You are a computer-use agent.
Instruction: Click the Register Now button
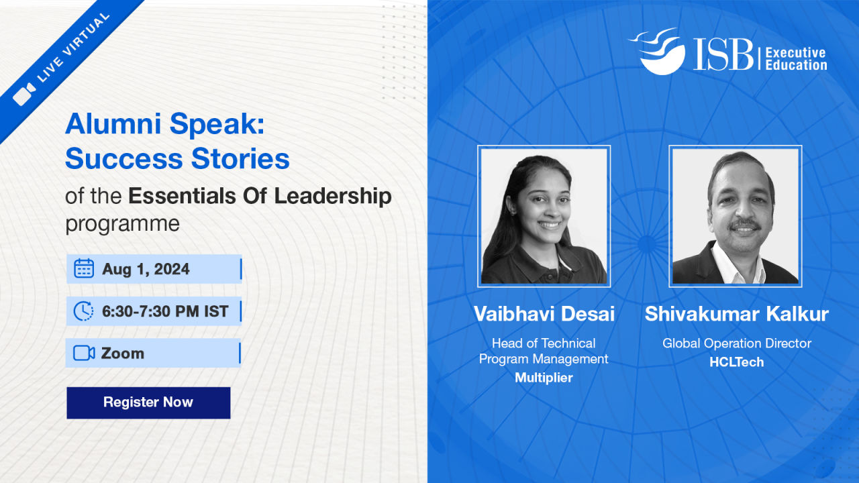[148, 402]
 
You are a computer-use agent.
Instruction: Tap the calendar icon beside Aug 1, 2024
[84, 268]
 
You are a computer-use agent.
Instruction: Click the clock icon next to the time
[83, 311]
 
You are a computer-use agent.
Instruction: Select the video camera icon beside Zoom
[84, 353]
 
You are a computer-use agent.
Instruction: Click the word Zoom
[123, 354]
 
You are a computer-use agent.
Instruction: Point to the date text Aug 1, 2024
[146, 269]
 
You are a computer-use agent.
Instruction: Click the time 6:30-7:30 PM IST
[165, 311]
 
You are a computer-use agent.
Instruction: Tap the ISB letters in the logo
[723, 54]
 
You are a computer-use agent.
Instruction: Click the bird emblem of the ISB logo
[658, 51]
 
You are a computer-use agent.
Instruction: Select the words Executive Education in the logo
[796, 58]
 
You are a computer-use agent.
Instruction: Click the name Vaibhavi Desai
[544, 314]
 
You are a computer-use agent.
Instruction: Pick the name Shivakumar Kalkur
[737, 314]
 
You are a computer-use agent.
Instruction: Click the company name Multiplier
[544, 378]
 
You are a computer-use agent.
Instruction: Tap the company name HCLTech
[737, 362]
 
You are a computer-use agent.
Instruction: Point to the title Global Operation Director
[737, 343]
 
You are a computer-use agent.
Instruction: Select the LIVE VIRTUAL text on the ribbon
[73, 48]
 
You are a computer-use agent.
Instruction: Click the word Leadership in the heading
[333, 196]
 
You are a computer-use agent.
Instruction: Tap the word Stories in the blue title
[240, 159]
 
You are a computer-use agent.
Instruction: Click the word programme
[122, 224]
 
